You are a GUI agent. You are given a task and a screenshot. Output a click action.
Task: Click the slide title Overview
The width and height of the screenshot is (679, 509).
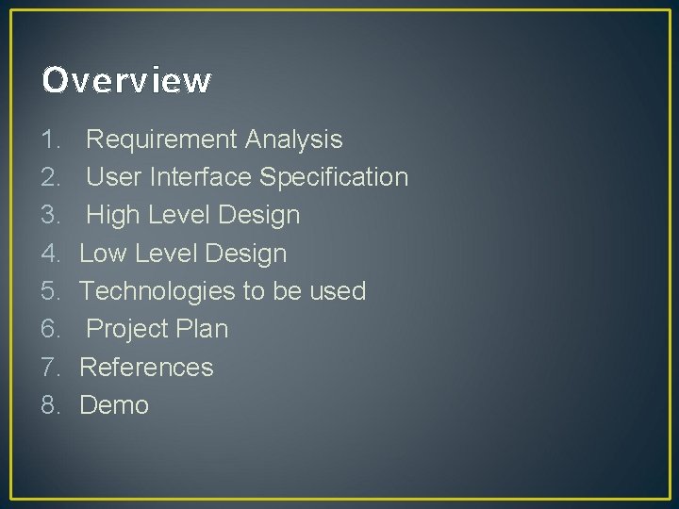[126, 81]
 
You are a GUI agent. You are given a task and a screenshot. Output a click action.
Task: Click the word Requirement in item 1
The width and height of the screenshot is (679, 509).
[161, 140]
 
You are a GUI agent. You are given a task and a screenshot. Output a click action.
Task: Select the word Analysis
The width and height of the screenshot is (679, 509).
[293, 140]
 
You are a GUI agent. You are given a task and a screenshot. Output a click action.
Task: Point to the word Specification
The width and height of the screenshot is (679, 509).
[334, 178]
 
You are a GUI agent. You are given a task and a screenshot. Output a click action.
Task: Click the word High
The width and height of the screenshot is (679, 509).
[112, 216]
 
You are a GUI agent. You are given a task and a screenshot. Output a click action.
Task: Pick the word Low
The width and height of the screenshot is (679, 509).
[103, 254]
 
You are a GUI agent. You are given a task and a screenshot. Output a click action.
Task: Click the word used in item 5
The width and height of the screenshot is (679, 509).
[337, 291]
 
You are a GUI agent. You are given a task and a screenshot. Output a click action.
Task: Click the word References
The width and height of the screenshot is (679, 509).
[146, 367]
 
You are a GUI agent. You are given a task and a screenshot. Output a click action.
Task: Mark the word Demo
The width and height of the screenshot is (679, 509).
[114, 405]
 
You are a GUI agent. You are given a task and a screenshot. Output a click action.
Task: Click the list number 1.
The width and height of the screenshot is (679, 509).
[50, 140]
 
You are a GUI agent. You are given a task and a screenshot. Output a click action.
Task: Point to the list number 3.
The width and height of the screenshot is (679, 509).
[50, 216]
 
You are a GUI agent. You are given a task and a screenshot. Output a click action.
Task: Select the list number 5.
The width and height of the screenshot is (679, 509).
[50, 291]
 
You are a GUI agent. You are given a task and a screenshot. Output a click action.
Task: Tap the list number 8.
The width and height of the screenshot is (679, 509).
[50, 405]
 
